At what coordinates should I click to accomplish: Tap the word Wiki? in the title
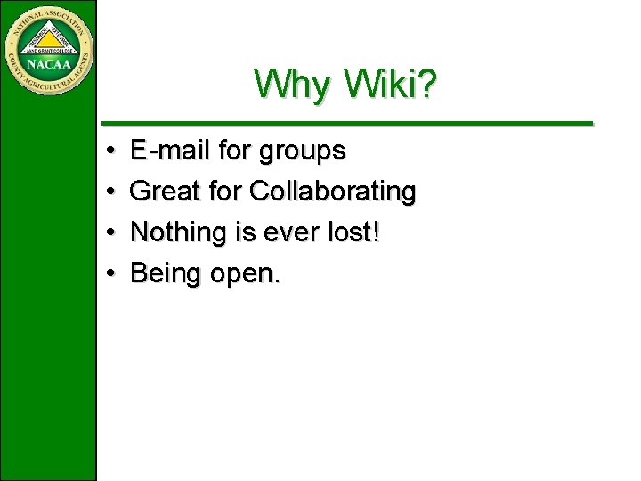pyautogui.click(x=390, y=85)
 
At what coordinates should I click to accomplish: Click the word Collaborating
pyautogui.click(x=333, y=192)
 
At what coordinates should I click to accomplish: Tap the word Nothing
pyautogui.click(x=179, y=232)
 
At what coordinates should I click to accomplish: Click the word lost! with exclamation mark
pyautogui.click(x=353, y=232)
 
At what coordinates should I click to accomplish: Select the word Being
pyautogui.click(x=166, y=274)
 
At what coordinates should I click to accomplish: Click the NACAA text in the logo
pyautogui.click(x=49, y=64)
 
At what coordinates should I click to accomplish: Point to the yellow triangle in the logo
pyautogui.click(x=49, y=38)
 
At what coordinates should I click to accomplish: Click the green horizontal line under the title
pyautogui.click(x=347, y=123)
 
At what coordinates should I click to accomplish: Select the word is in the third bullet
pyautogui.click(x=244, y=232)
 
